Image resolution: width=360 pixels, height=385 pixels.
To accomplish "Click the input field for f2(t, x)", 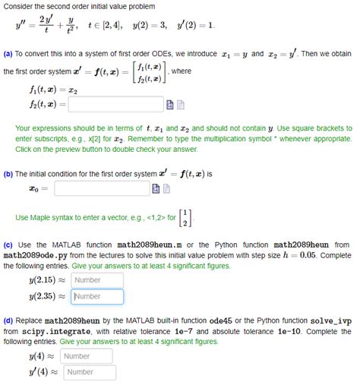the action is (115, 103).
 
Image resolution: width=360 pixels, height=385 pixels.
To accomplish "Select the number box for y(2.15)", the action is (97, 280).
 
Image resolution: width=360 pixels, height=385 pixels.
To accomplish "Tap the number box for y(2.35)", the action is (97, 297).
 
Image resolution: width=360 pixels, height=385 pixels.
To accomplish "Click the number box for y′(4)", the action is (90, 372).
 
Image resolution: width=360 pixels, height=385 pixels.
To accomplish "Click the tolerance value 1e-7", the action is (186, 332).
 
